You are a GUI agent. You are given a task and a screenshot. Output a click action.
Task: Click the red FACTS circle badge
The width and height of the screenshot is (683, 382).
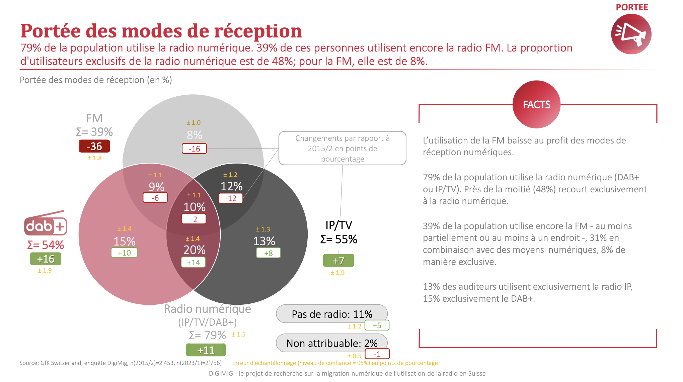(536, 104)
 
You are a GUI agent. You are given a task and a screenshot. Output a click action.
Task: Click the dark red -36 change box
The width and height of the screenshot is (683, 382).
(94, 146)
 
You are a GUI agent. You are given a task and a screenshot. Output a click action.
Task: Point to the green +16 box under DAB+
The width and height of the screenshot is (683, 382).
(46, 259)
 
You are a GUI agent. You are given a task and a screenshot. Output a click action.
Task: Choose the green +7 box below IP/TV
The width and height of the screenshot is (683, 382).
(338, 261)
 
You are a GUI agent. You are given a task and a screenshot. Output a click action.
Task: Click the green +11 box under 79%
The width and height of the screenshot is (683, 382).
(206, 350)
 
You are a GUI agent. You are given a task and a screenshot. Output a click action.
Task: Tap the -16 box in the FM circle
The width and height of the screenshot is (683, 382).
(194, 149)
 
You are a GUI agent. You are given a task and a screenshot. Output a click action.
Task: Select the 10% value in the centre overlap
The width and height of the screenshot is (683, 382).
(195, 207)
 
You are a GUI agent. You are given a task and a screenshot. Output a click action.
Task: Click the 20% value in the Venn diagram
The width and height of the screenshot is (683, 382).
(195, 250)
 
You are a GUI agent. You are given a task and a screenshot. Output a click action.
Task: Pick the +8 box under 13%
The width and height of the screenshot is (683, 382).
(268, 253)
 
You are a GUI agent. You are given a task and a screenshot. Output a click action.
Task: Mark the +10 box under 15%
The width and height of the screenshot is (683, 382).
(124, 253)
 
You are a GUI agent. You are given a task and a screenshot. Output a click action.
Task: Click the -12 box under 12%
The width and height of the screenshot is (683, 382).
(231, 198)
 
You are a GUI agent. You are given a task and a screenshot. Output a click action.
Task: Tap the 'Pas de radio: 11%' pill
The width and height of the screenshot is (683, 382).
(332, 314)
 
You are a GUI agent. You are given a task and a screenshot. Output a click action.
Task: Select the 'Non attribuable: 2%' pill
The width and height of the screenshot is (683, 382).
(332, 343)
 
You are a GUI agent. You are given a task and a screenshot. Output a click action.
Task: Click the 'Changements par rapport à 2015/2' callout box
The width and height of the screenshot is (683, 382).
(342, 148)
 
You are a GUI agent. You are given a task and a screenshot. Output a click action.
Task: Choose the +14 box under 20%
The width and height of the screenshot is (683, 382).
(194, 263)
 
